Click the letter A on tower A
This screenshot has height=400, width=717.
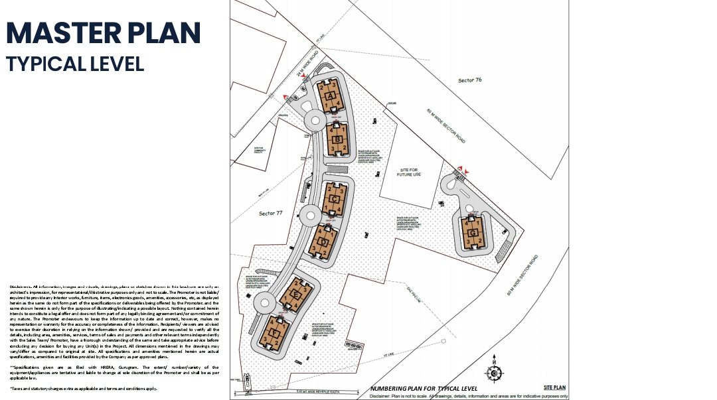pyautogui.click(x=331, y=96)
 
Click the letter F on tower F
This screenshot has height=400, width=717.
pyautogui.click(x=274, y=333)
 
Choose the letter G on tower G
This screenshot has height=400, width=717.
pyautogui.click(x=471, y=233)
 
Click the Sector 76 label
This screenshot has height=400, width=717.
pyautogui.click(x=469, y=80)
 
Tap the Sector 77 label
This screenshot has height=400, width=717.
pyautogui.click(x=271, y=213)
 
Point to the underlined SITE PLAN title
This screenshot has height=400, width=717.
pyautogui.click(x=554, y=387)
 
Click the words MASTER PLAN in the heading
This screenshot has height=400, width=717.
pyautogui.click(x=103, y=33)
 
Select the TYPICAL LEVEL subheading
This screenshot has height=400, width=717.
pyautogui.click(x=75, y=64)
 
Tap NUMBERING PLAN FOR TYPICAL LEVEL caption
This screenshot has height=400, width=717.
pyautogui.click(x=424, y=388)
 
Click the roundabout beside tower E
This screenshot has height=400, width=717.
pyautogui.click(x=264, y=303)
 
